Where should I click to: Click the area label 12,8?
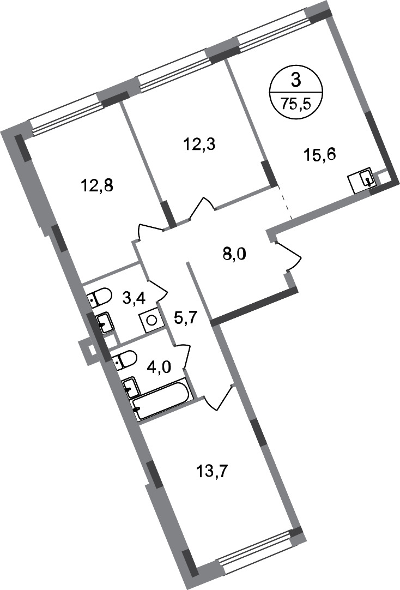pyautogui.click(x=97, y=185)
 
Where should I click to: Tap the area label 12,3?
pyautogui.click(x=199, y=144)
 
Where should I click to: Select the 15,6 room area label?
pyautogui.click(x=319, y=154)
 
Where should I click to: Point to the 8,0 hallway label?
pyautogui.click(x=234, y=255)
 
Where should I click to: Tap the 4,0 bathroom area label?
pyautogui.click(x=159, y=367)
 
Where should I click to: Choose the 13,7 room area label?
pyautogui.click(x=213, y=471)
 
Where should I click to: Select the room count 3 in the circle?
pyautogui.click(x=296, y=81)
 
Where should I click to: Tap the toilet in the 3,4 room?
pyautogui.click(x=99, y=297)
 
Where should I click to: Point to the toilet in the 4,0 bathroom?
pyautogui.click(x=125, y=360)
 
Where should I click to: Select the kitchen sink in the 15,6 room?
pyautogui.click(x=362, y=180)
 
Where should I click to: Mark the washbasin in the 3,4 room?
pyautogui.click(x=105, y=323)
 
